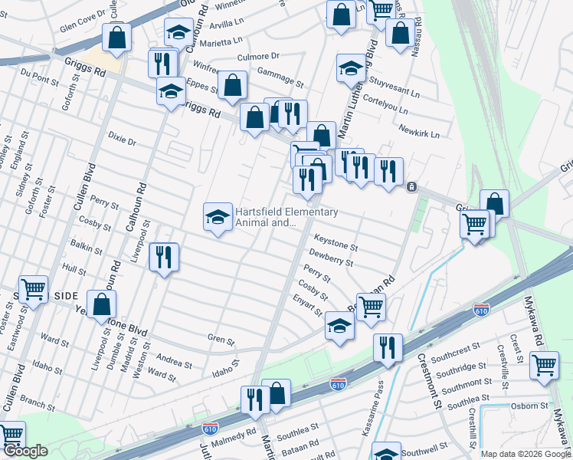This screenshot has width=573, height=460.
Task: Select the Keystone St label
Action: [333, 246]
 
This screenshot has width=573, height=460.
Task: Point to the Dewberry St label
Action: [330, 258]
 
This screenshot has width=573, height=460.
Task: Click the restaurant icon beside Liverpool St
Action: [164, 257]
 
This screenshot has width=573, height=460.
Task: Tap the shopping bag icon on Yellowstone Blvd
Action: [101, 304]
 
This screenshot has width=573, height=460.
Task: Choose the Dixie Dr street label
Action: [122, 142]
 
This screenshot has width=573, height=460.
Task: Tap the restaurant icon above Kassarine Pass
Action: [388, 347]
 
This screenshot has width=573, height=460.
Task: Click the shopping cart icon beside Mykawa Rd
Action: [544, 366]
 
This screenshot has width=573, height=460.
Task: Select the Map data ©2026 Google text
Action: [525, 454]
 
